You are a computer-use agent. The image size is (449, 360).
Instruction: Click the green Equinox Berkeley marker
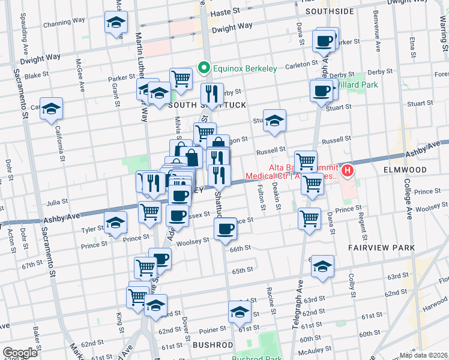click(204, 68)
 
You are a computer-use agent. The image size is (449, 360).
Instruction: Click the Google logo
click(20, 353)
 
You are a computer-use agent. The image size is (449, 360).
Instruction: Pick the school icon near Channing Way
click(116, 23)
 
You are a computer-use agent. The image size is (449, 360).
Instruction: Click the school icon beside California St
click(52, 109)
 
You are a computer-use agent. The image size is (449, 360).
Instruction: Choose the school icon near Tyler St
click(115, 223)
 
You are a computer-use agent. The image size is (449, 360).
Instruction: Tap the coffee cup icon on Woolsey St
click(226, 229)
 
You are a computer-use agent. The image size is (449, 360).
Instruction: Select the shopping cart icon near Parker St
click(180, 78)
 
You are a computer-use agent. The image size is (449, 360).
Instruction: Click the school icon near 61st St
click(240, 312)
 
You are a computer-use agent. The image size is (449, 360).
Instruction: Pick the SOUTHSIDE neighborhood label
click(329, 11)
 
